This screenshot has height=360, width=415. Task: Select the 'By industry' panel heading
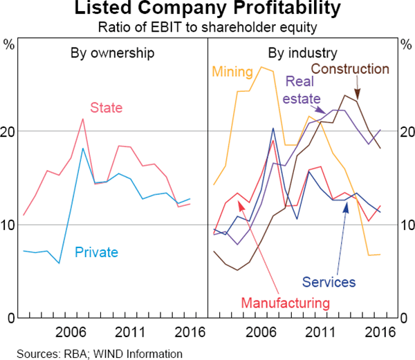point(302,53)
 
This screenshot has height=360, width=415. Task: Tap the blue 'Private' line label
point(95,252)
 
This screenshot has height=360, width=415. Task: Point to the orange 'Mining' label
point(234,70)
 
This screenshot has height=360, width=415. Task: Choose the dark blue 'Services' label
point(329,282)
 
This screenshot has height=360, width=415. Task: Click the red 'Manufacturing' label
point(285,303)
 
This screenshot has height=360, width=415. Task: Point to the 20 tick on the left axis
point(8,131)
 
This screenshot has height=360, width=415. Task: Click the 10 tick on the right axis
point(406,225)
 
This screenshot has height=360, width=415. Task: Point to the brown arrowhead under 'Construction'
point(358,96)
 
